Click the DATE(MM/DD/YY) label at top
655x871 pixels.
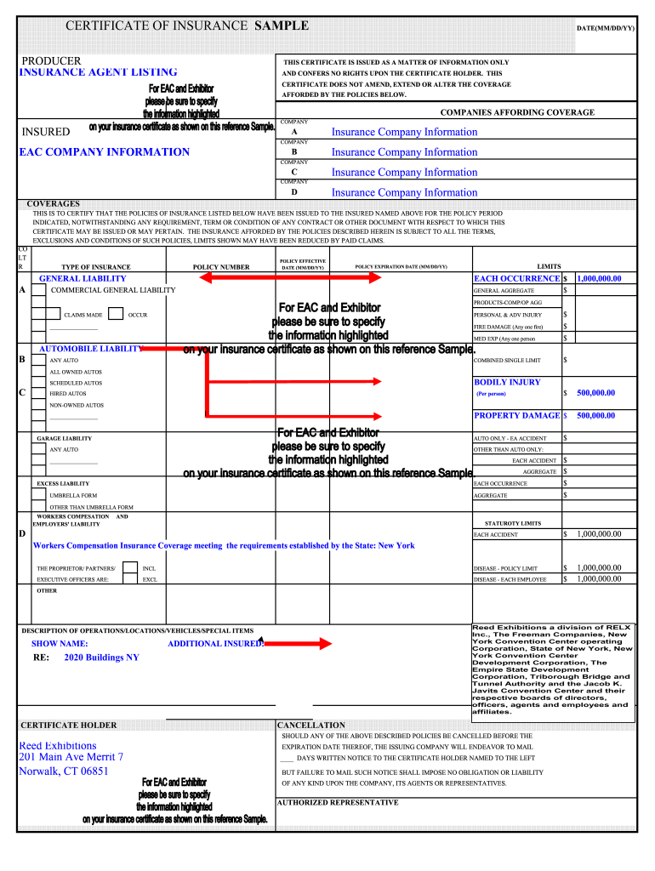tap(606, 28)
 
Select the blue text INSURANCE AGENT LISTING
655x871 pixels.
tap(99, 72)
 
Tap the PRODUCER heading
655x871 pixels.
tap(51, 60)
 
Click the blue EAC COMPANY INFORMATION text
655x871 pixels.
tap(104, 152)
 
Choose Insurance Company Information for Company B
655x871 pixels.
tap(404, 152)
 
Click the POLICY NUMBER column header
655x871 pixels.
tap(221, 267)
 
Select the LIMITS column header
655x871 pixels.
tap(549, 266)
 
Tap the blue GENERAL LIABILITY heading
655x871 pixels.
tap(83, 278)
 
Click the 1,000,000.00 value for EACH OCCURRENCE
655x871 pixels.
tap(599, 278)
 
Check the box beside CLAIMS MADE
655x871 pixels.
tap(40, 315)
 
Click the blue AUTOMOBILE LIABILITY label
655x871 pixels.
tap(91, 349)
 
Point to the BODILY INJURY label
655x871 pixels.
tap(507, 382)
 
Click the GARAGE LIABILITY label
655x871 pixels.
tap(64, 439)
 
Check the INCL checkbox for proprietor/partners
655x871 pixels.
tap(129, 568)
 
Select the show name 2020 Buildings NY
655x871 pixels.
tap(101, 658)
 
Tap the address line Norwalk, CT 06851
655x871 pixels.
tap(64, 771)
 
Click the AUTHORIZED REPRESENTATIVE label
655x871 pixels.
tap(338, 802)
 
